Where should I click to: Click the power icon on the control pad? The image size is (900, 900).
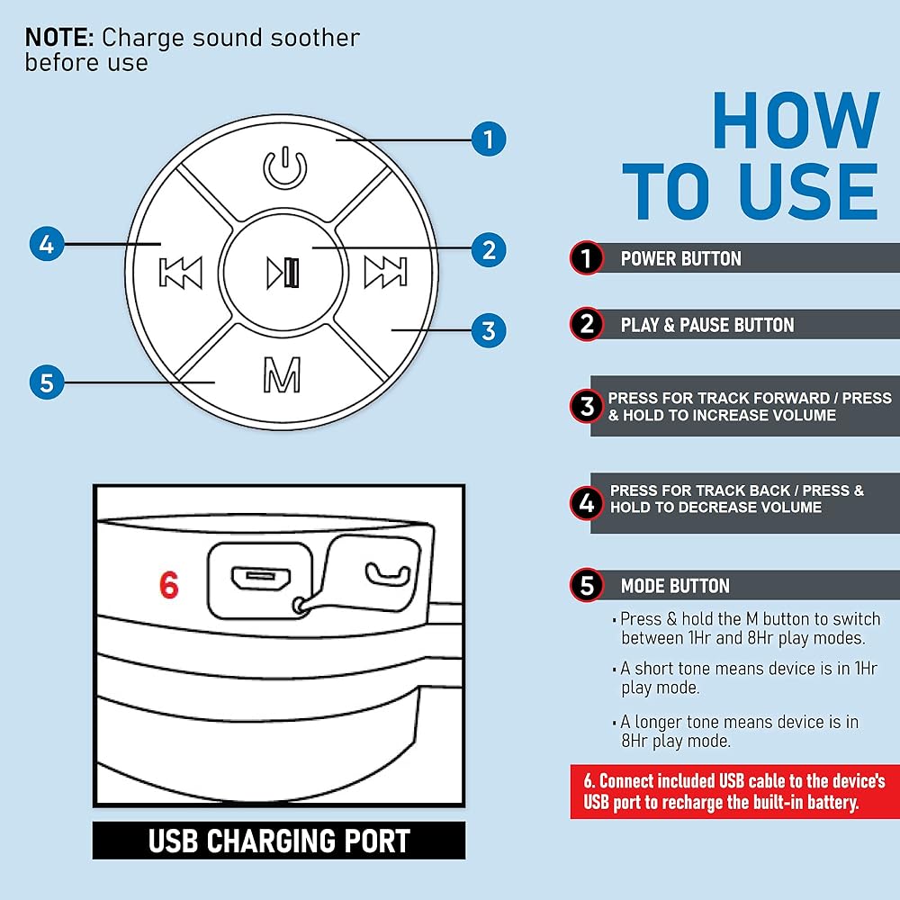click(284, 167)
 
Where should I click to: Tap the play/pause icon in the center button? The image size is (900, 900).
click(283, 273)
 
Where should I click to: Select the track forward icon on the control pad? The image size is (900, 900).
click(386, 271)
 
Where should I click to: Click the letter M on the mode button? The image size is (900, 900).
click(282, 374)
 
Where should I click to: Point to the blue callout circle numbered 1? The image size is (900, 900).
click(489, 139)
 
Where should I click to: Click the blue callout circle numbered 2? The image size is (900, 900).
click(489, 250)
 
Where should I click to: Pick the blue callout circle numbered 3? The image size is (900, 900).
click(489, 330)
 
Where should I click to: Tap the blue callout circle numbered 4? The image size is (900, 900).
click(47, 244)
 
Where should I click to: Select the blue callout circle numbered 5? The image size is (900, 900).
click(47, 382)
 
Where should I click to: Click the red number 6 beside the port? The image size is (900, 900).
click(169, 585)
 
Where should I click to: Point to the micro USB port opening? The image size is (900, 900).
click(261, 579)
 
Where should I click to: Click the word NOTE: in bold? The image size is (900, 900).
click(59, 38)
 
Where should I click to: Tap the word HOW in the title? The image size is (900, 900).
click(796, 121)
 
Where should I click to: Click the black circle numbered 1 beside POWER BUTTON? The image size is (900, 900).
click(587, 258)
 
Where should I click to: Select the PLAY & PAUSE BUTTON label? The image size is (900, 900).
click(707, 325)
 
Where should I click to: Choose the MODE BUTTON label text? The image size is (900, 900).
click(675, 586)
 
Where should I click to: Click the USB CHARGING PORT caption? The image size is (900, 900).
click(279, 841)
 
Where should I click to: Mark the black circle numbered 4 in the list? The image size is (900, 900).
click(587, 503)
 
